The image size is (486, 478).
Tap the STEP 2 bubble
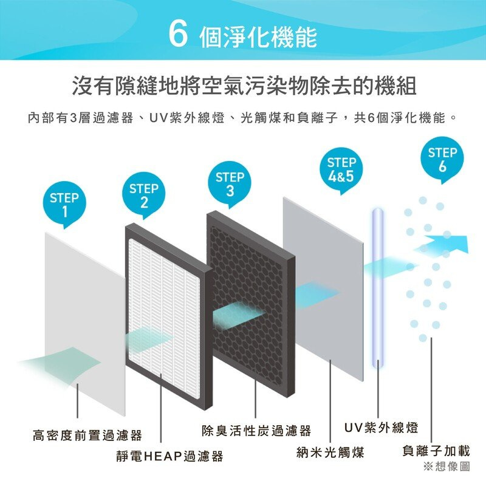pos(143,194)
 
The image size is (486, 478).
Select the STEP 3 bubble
pos(230,183)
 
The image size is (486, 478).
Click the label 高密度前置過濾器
pos(87,435)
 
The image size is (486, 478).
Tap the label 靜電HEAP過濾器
pos(169,456)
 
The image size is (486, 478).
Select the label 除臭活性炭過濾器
pos(256,431)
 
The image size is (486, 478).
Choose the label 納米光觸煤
pos(330,452)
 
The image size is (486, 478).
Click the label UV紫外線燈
pos(382,428)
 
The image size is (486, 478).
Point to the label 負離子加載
pos(436,451)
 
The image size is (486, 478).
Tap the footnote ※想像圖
pos(447,466)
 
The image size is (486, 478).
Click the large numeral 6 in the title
pos(178,36)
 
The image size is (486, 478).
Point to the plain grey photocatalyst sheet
pos(323,290)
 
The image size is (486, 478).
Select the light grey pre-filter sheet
pos(85,324)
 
